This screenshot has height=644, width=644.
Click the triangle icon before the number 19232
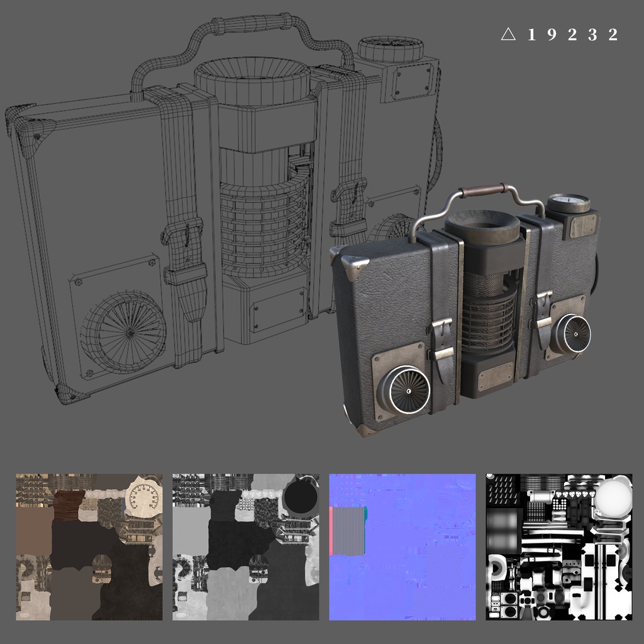click(508, 35)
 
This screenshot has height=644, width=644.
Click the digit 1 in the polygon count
click(531, 35)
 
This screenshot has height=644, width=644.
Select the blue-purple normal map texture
click(402, 547)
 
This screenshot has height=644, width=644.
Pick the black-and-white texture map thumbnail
click(559, 547)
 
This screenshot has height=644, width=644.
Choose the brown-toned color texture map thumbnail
click(89, 547)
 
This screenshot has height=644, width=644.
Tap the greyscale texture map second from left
click(246, 547)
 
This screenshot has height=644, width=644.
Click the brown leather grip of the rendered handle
click(485, 189)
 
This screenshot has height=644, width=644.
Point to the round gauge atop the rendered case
click(568, 203)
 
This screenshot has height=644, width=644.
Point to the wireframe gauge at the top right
click(390, 48)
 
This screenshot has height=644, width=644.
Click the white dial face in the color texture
click(143, 497)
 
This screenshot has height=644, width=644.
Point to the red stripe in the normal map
click(331, 531)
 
